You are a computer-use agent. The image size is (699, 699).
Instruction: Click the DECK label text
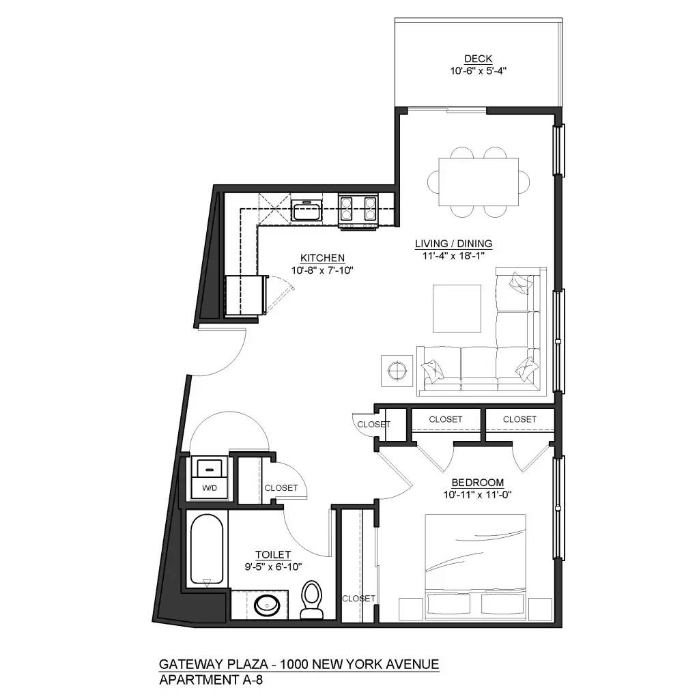tap(478, 59)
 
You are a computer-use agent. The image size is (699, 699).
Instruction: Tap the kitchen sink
tap(306, 210)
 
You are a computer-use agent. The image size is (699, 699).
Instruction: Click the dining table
tap(479, 182)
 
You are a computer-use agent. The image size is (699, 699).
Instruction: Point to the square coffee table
tap(457, 309)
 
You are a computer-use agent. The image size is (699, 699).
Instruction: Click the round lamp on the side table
tap(397, 370)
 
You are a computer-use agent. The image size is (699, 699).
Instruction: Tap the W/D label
tap(210, 487)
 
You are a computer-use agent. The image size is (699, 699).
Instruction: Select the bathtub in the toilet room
tap(206, 550)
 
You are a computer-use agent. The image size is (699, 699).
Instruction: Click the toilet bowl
tap(311, 599)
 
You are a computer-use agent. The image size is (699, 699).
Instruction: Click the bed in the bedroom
tap(476, 567)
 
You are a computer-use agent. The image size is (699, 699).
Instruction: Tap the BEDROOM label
tap(477, 483)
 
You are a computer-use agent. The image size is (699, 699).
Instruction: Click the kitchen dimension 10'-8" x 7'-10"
tap(322, 270)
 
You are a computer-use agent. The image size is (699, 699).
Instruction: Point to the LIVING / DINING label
tap(453, 244)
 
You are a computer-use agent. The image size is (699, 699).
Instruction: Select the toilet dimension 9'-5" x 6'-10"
tap(273, 567)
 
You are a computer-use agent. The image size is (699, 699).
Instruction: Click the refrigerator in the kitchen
tap(246, 295)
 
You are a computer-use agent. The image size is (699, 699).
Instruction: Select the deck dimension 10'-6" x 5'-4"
tap(479, 70)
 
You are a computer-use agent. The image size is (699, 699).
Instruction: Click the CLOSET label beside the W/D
tap(281, 487)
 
